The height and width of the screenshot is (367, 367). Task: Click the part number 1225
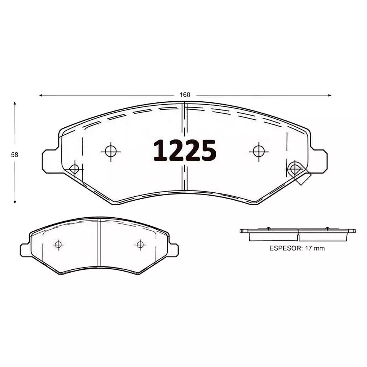coord(184,151)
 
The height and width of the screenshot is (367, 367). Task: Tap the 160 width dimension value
coord(185,95)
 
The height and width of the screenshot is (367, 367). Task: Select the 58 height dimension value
coord(15,155)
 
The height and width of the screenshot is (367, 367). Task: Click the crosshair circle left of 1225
coord(110,151)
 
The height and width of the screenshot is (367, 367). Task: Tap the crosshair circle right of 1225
coord(258,151)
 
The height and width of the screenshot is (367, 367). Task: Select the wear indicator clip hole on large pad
coord(295,169)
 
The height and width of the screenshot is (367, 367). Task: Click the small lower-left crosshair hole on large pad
coord(75,169)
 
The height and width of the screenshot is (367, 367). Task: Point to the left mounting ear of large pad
coord(48,161)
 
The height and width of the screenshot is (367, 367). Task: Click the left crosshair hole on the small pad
coord(58,244)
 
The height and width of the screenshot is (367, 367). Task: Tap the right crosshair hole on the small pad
coord(139,244)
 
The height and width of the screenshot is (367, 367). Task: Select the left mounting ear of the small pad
coord(24,250)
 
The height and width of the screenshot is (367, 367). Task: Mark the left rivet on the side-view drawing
coord(268,229)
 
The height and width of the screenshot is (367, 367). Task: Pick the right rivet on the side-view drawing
coord(327,229)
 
